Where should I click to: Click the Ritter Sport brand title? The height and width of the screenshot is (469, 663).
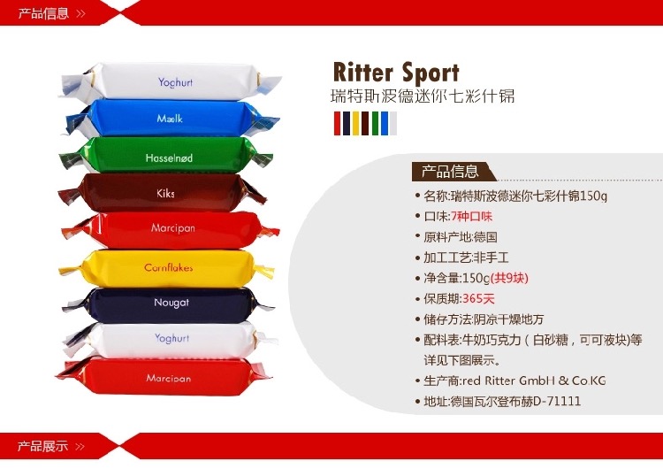click(395, 72)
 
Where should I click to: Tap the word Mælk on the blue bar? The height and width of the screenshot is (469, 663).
click(170, 119)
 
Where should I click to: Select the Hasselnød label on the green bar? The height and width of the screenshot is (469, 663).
click(168, 158)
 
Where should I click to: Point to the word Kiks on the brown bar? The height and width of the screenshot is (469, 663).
click(165, 193)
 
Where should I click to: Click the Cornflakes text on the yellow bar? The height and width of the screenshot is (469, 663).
click(168, 267)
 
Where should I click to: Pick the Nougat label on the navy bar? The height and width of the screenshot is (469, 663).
click(171, 303)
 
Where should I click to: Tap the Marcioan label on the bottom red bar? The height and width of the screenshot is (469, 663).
click(168, 378)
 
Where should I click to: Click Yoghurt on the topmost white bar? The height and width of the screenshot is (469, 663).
click(175, 82)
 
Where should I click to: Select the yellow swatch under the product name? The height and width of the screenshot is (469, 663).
click(355, 123)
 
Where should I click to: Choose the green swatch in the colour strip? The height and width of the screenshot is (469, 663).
click(375, 123)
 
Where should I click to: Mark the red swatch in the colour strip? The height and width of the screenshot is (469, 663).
click(337, 123)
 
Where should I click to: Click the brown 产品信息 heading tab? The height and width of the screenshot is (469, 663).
click(451, 172)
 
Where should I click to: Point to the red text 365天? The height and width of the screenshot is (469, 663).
click(481, 298)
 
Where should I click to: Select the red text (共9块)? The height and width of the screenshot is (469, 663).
click(511, 278)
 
